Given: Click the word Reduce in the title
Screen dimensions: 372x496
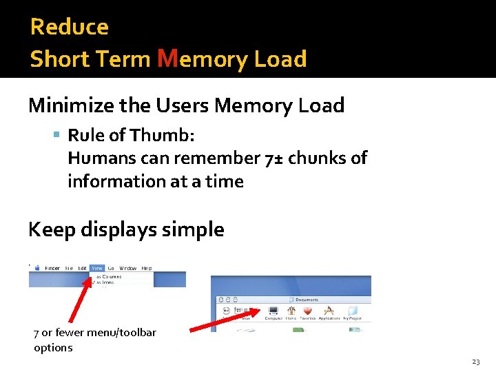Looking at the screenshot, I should [x=70, y=27].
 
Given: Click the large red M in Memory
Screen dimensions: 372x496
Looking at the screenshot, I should [x=167, y=59].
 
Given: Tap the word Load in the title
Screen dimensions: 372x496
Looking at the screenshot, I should [x=280, y=59].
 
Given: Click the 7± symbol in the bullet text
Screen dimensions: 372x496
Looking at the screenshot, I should [x=273, y=158].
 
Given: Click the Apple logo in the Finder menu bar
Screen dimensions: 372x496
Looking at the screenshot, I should [x=32, y=267].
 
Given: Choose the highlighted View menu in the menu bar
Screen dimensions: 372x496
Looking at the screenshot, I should [x=97, y=268].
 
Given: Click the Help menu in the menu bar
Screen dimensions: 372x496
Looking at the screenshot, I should [x=147, y=268].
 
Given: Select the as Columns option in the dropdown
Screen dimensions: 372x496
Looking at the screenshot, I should [x=109, y=276].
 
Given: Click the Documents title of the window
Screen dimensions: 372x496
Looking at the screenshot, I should [x=307, y=300].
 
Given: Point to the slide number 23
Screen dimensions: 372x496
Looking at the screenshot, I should [x=475, y=362].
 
